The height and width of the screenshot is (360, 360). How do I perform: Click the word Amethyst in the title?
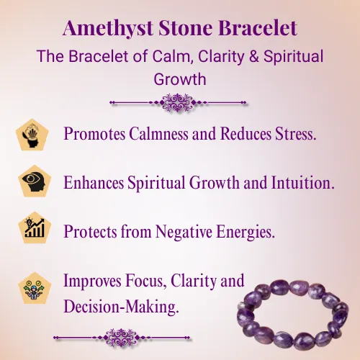[108, 28]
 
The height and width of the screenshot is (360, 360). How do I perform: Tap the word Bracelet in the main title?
[258, 27]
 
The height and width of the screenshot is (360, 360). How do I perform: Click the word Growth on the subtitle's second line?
[180, 79]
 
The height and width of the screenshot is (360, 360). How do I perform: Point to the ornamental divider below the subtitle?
[178, 103]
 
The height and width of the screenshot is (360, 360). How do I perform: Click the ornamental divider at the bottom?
[122, 338]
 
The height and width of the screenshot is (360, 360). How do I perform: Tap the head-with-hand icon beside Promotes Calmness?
[32, 135]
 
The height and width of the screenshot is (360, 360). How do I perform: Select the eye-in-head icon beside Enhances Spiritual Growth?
[35, 181]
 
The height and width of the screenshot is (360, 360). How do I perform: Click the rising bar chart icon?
[35, 228]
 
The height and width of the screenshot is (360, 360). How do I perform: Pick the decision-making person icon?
[35, 288]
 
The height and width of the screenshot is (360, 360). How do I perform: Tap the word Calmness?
[158, 133]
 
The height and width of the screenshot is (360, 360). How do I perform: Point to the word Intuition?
[302, 182]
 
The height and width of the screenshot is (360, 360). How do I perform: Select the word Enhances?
[94, 182]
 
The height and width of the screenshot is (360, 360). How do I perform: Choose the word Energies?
[246, 232]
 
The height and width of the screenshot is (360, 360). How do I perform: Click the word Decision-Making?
[121, 307]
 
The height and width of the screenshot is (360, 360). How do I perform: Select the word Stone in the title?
[185, 28]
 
